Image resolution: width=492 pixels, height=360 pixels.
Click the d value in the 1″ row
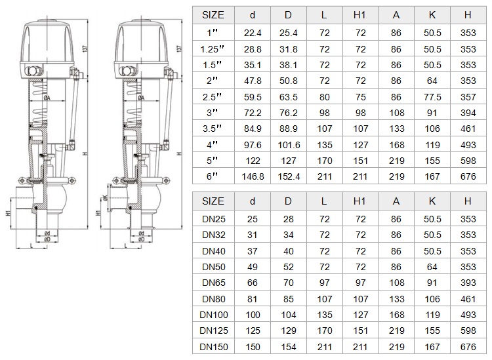[253, 33]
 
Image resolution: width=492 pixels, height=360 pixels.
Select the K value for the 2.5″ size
[432, 97]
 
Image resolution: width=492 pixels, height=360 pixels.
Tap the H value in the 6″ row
[468, 176]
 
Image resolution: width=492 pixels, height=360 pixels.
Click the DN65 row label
[214, 283]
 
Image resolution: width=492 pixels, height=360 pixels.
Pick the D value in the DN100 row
[289, 315]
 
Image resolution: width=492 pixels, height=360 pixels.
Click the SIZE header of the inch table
[213, 15]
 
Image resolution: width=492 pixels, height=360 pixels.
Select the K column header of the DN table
[432, 201]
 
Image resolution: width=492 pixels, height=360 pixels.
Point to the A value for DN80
[397, 299]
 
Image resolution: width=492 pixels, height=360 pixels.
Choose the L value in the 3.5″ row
[325, 129]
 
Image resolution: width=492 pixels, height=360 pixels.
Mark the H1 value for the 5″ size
[360, 161]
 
